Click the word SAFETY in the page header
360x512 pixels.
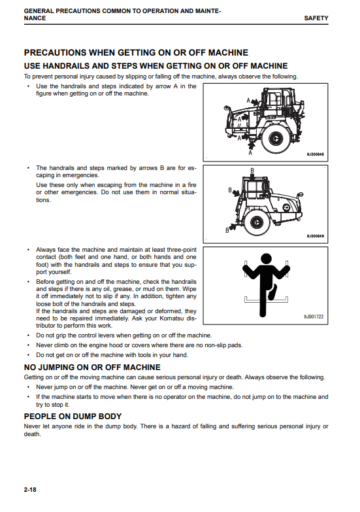[x=316, y=18]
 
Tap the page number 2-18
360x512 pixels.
[x=30, y=490]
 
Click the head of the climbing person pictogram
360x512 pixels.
[x=267, y=258]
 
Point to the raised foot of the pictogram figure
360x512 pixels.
[x=272, y=293]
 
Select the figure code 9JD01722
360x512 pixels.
[x=314, y=316]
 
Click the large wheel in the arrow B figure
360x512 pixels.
[x=256, y=222]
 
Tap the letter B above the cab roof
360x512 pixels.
[x=252, y=171]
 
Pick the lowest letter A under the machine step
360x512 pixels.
[x=250, y=152]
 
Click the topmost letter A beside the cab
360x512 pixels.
[x=248, y=101]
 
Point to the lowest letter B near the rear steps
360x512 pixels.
[x=227, y=230]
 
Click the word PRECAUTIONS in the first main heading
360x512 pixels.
[x=56, y=52]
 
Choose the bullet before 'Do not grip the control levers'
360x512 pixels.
[x=29, y=335]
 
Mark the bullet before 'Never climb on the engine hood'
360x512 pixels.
[x=29, y=345]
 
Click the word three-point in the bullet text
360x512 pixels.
[x=182, y=250]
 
